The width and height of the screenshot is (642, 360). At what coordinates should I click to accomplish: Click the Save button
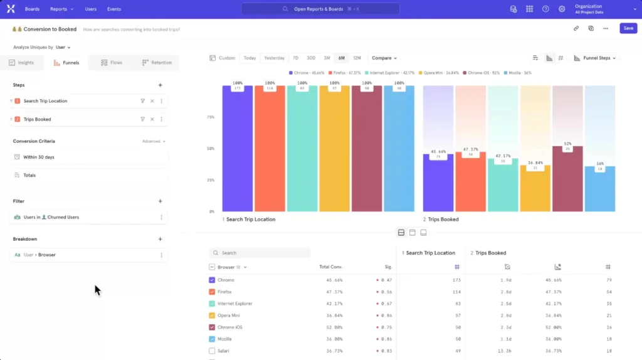click(x=628, y=28)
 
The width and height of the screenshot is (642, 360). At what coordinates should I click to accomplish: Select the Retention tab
click(x=157, y=63)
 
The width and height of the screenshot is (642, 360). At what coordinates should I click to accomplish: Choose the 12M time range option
click(x=357, y=58)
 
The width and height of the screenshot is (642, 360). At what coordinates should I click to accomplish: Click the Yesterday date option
click(x=274, y=58)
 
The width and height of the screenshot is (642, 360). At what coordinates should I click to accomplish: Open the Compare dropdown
click(x=384, y=58)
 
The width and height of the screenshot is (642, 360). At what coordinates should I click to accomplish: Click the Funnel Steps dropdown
click(x=596, y=58)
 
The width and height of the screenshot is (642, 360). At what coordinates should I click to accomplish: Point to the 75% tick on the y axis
click(x=211, y=117)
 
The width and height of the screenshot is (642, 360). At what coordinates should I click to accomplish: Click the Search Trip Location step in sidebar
click(x=45, y=101)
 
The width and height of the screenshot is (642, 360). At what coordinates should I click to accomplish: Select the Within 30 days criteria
click(x=39, y=157)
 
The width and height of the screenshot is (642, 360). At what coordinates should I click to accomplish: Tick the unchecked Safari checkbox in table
click(x=212, y=351)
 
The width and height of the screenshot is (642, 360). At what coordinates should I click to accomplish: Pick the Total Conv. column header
click(x=330, y=267)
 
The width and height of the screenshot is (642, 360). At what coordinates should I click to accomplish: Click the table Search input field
click(x=263, y=253)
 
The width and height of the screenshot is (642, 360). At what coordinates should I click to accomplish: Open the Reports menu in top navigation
click(x=61, y=9)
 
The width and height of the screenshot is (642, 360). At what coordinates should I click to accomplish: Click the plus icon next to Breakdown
click(x=160, y=239)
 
